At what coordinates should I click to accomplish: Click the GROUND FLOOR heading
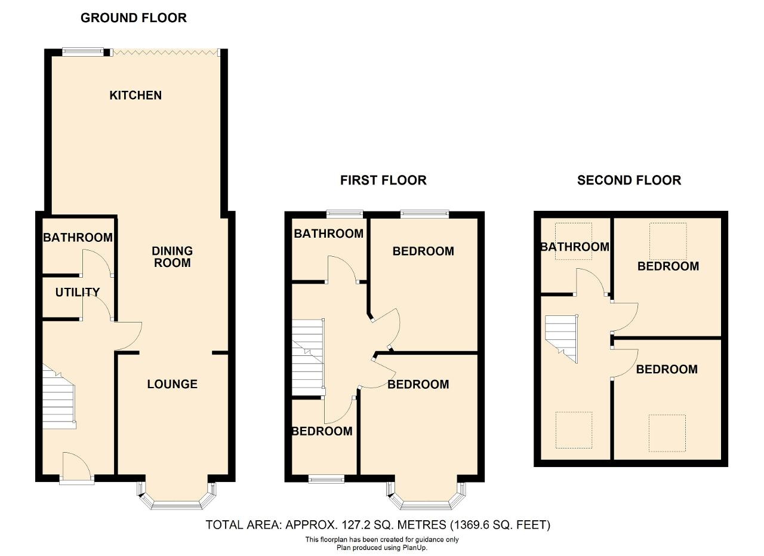[x=134, y=18]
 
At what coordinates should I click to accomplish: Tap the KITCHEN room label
[x=135, y=95]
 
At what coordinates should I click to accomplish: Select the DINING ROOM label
[x=172, y=257]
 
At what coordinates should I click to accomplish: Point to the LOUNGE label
[x=172, y=384]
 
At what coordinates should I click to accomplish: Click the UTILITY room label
[x=78, y=292]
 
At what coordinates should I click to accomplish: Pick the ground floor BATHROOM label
[x=78, y=237]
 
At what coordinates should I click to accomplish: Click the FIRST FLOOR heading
[x=383, y=180]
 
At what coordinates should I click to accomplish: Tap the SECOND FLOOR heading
[x=629, y=180]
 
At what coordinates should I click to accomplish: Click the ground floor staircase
[x=58, y=397]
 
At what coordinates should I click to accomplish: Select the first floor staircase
[x=308, y=357]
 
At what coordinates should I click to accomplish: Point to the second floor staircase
[x=561, y=339]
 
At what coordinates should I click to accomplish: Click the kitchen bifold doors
[x=165, y=53]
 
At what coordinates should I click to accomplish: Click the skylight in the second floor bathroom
[x=574, y=241]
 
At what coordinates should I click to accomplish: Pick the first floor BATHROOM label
[x=328, y=234]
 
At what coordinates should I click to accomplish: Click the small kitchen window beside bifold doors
[x=82, y=51]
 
